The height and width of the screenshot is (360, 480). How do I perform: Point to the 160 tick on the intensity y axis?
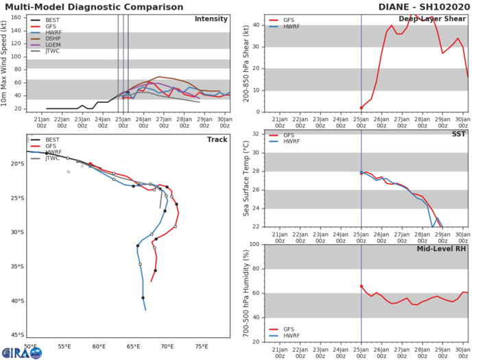[x=21, y=17]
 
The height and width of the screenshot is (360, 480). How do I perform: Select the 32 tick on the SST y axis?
[x=256, y=134]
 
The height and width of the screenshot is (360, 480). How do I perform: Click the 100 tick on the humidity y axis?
[x=254, y=244]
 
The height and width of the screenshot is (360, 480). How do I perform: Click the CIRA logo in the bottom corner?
[x=21, y=352]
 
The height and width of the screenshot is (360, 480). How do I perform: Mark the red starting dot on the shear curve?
[x=361, y=108]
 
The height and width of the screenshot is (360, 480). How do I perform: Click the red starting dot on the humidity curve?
[x=361, y=286]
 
